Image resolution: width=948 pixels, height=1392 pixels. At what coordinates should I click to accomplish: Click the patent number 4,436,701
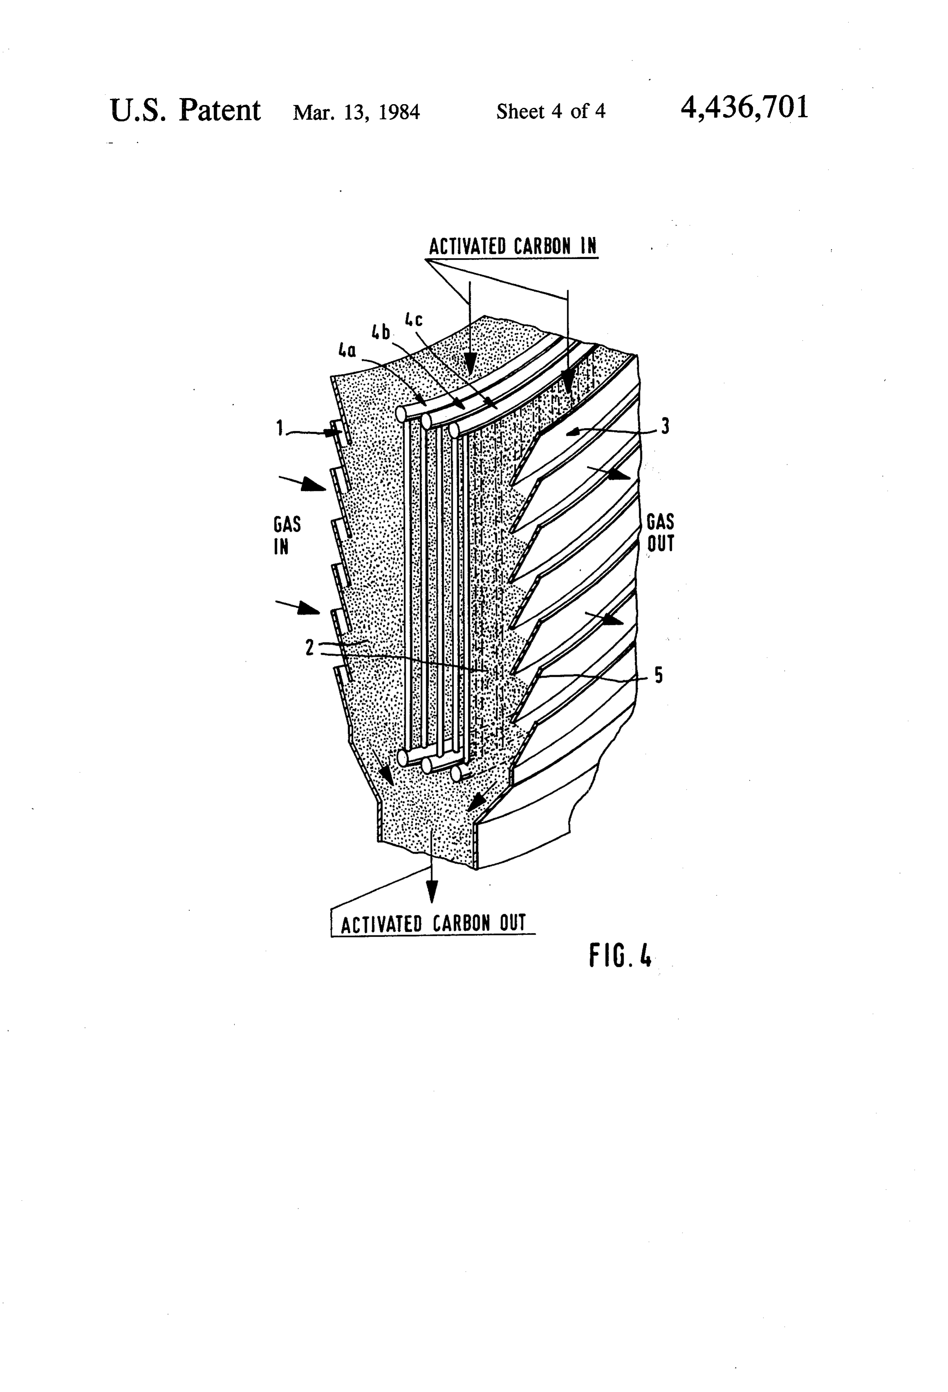coord(744,108)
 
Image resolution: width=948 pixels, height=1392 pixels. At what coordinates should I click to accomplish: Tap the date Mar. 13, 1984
coord(356,112)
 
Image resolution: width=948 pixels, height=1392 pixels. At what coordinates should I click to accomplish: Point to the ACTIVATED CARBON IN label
coord(513,246)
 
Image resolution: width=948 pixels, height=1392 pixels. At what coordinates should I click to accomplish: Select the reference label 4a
coord(347,350)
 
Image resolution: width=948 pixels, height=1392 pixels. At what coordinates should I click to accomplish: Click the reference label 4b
coord(380,331)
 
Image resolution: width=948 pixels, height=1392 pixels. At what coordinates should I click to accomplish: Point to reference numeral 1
coord(279,428)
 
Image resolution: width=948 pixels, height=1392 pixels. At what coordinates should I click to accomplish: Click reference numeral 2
coord(309,647)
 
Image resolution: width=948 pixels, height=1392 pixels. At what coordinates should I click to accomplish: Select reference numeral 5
coord(659,676)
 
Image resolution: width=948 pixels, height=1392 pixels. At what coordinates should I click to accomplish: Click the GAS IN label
coord(287,535)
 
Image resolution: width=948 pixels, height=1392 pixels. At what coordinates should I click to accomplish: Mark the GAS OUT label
coord(660,533)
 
